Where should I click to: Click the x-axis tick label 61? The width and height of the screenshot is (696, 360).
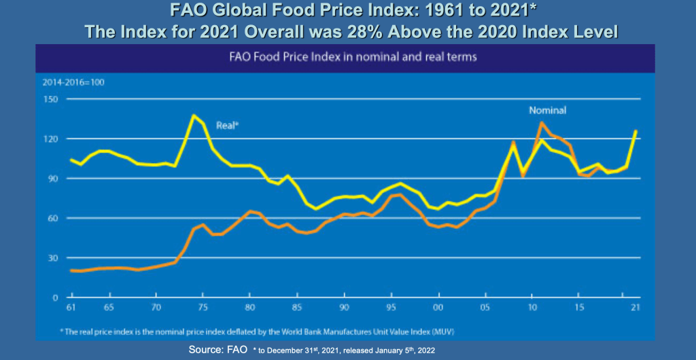[x=71, y=308]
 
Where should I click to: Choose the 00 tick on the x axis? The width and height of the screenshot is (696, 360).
[x=438, y=308]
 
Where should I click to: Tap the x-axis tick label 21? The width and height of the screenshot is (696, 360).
[x=635, y=308]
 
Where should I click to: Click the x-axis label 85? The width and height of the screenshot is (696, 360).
[x=296, y=308]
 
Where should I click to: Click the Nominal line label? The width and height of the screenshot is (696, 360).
[x=548, y=110]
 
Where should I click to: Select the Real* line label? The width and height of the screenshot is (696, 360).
[x=227, y=126]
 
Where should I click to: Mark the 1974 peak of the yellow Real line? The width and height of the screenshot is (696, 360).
[x=194, y=115]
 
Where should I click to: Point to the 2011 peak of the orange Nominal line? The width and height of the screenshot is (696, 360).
[x=541, y=123]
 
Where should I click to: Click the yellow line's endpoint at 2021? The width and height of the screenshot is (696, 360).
[x=636, y=131]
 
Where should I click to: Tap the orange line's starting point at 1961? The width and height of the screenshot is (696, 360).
[x=71, y=270]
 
